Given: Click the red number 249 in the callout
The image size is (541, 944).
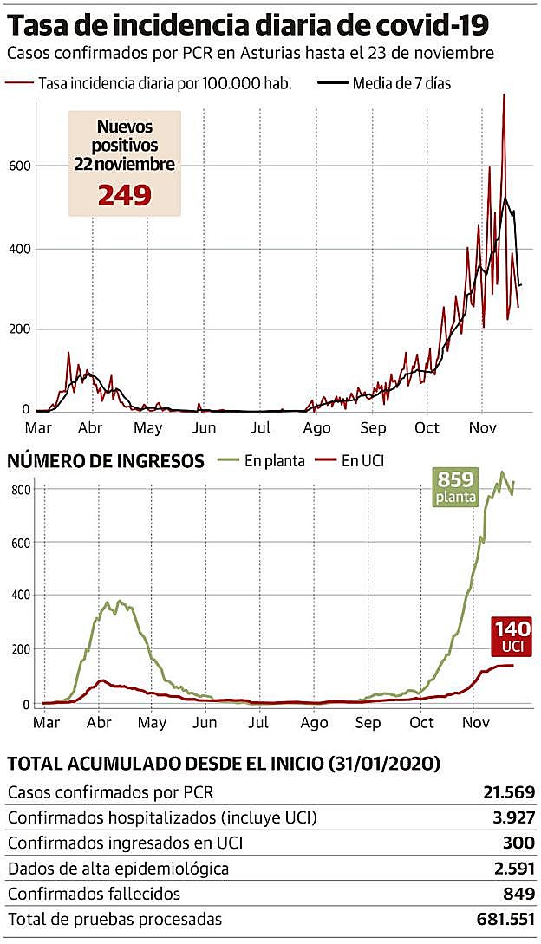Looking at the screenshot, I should (124, 194).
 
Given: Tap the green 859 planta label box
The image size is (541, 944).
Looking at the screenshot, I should (456, 486).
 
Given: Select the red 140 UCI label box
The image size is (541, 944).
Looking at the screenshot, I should (512, 637).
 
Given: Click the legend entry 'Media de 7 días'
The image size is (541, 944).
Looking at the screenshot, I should (401, 84).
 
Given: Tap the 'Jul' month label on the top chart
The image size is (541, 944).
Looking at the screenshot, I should (260, 427).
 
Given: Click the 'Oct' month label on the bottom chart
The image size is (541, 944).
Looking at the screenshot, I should (421, 722).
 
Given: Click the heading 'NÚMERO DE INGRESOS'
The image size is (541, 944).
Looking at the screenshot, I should (106, 460).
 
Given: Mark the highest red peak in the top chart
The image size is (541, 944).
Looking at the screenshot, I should (504, 95).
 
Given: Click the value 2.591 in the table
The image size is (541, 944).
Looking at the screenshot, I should (512, 868).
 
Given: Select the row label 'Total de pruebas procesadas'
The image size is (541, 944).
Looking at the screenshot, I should (114, 919).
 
